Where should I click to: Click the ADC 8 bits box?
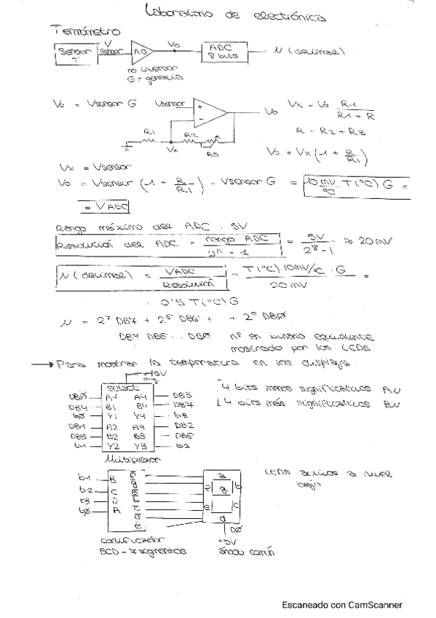click(x=226, y=51)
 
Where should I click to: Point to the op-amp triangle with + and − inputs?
click(x=212, y=111)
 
